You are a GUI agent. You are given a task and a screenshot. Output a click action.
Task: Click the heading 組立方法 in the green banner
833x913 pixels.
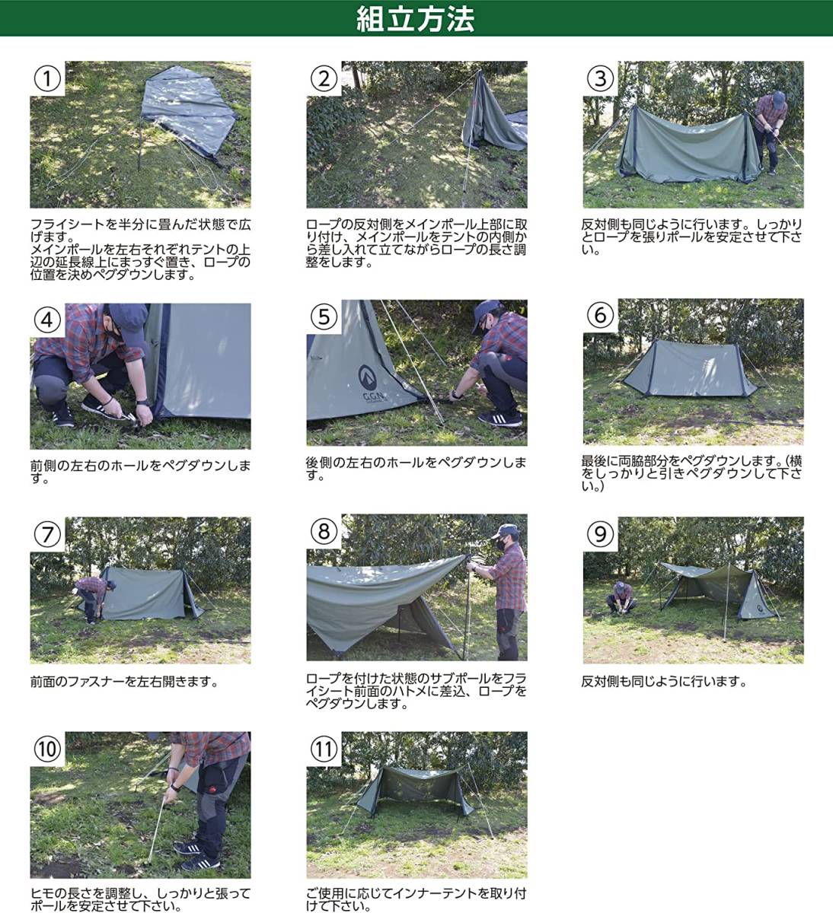415,19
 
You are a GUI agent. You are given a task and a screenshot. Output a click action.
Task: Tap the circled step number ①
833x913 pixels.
47,78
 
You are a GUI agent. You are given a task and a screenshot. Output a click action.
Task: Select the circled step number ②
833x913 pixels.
324,78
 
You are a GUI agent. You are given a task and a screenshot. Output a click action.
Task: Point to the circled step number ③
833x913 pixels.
601,78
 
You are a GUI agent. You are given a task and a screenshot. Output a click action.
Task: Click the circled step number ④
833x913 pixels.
47,320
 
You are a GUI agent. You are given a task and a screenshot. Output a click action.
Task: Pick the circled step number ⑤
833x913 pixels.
324,317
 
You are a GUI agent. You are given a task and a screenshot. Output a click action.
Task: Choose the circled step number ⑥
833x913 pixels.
601,316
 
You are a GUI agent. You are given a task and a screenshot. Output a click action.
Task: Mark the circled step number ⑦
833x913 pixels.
47,534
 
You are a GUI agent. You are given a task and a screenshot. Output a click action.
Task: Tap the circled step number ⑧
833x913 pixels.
324,531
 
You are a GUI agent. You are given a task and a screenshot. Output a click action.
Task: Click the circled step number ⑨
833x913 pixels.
601,534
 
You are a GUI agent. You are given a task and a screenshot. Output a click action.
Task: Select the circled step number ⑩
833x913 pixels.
47,749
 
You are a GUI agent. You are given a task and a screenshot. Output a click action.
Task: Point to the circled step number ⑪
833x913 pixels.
324,749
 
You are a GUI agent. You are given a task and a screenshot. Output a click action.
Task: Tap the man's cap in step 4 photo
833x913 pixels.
129,316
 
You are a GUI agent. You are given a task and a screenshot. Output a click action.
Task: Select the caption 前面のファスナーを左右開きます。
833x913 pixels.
124,682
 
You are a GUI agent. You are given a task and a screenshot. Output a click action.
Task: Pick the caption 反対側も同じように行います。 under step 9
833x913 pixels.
664,682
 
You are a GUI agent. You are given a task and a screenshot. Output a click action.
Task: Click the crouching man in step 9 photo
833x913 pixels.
620,598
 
